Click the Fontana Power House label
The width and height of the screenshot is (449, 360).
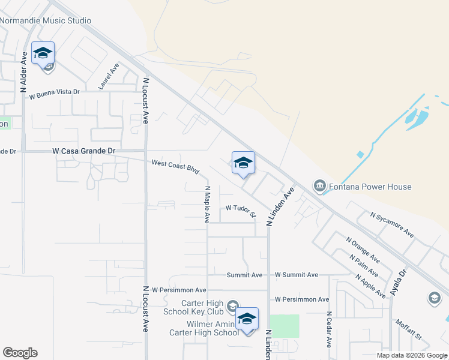pos(369,187)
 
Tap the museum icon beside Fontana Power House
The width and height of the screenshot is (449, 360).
pos(319,187)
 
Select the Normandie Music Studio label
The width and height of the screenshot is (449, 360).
pos(46,20)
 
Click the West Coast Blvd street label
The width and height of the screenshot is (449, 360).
pos(175,166)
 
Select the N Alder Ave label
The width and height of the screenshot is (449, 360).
pos(24,71)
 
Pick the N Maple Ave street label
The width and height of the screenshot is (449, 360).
pos(206,204)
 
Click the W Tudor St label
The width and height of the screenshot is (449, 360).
pos(241,209)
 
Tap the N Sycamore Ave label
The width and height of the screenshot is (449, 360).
pos(392,224)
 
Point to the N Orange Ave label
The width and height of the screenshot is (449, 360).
pos(363,250)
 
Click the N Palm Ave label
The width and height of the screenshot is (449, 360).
pos(365,266)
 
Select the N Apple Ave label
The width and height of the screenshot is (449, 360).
pos(370,286)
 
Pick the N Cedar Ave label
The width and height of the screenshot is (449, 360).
pos(329,329)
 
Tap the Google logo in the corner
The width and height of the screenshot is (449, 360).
pos(20,353)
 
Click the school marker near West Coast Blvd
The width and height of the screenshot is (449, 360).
pos(243,163)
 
